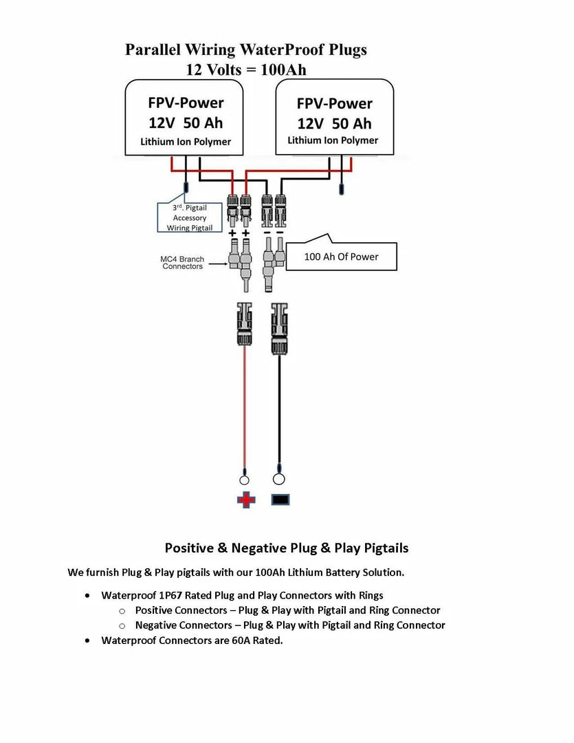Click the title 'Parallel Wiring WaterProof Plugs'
245,50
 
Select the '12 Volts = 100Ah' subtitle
245,69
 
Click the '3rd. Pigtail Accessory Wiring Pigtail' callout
189,217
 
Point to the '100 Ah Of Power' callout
341,257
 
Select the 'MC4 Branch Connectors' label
182,262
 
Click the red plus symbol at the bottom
245,499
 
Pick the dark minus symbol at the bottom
280,500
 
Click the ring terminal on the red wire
244,480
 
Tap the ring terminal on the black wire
279,479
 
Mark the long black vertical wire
279,413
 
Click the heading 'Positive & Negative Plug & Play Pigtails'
286,548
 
